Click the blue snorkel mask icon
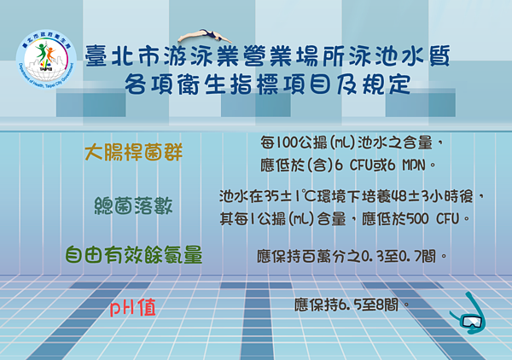[469, 314]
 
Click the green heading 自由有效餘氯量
[134, 254]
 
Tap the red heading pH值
[135, 305]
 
